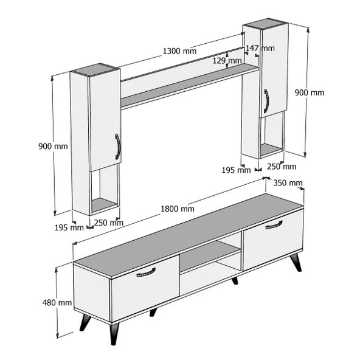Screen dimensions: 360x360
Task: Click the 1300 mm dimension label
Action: coord(179,51)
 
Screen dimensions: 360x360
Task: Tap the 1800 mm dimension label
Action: coord(178,209)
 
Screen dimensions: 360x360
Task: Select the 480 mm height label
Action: coord(57,303)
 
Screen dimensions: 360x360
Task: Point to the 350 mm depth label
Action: coord(288,183)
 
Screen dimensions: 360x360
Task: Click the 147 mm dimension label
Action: coord(260,48)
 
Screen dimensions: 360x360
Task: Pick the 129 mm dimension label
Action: coord(227,61)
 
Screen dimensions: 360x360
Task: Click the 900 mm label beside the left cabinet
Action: coord(53,146)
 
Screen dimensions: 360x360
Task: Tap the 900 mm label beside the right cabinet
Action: coord(310,93)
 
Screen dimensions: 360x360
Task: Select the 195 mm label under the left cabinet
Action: coord(69,227)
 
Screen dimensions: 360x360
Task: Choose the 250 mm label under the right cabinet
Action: coord(282,167)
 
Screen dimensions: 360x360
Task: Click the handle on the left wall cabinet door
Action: coord(117,147)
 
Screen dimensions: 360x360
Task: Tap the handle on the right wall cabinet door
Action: coord(266,101)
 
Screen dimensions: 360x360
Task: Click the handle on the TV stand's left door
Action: coord(146,272)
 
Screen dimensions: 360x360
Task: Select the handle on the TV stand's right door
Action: coord(274,225)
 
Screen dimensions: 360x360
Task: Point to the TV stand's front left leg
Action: coord(114,334)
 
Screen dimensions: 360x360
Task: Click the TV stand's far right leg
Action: coord(296,263)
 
